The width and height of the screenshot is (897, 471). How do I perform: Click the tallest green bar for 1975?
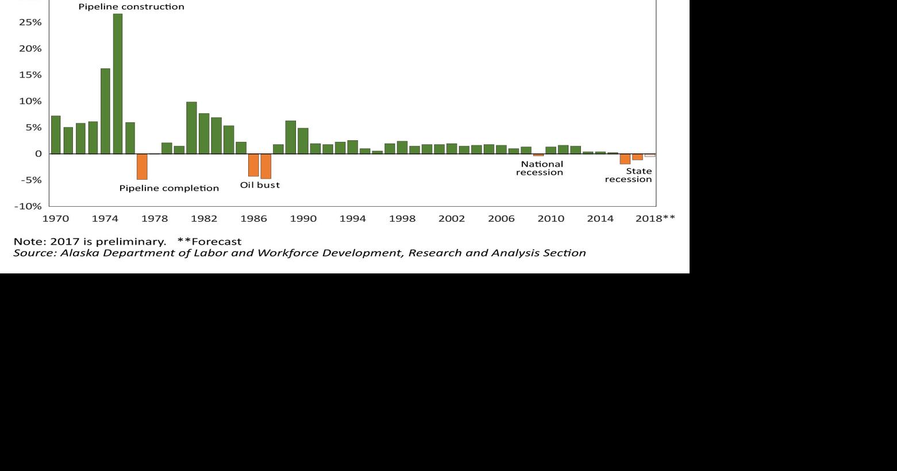(x=117, y=83)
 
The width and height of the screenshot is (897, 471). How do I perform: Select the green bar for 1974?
(x=105, y=111)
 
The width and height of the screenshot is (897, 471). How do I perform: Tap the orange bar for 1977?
(x=142, y=167)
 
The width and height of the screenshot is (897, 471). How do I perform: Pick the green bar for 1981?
(x=191, y=128)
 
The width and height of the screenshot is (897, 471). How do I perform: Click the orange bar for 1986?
(x=253, y=165)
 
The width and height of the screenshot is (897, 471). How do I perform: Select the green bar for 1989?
(x=291, y=137)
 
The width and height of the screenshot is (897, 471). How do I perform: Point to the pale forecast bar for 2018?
(x=649, y=156)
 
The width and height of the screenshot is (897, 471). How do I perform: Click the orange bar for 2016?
(x=625, y=159)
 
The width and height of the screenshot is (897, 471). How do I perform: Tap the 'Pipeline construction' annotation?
(x=131, y=7)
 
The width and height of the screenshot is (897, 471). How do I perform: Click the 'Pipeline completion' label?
(x=169, y=188)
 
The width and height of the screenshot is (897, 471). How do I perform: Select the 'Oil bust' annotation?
(x=260, y=185)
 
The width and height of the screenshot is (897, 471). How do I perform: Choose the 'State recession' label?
(x=629, y=175)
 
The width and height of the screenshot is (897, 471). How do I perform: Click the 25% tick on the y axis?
(x=30, y=22)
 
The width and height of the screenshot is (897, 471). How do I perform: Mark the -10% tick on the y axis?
(x=28, y=206)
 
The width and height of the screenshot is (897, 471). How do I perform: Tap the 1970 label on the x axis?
(x=56, y=218)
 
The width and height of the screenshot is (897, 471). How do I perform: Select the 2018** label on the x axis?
(x=655, y=218)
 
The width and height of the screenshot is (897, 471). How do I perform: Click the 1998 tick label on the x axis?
(x=402, y=218)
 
